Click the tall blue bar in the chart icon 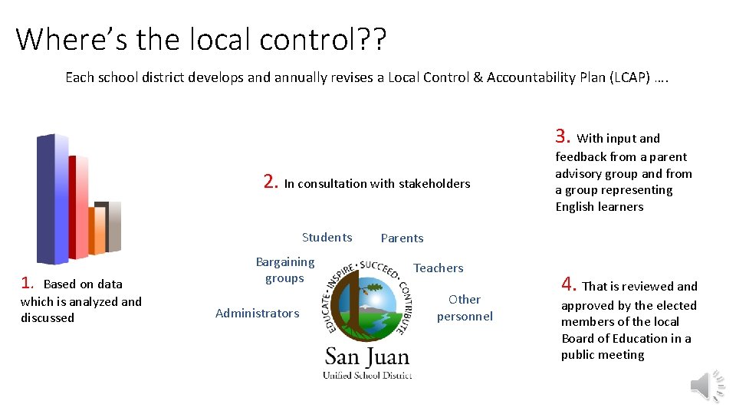click(52, 199)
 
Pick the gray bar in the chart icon click(114, 227)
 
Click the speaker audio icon click(708, 386)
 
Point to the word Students click(327, 238)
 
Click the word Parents click(402, 238)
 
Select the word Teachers click(439, 268)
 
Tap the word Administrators click(258, 313)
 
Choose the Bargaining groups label click(284, 270)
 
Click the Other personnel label click(465, 307)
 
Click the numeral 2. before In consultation click(271, 182)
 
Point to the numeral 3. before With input click(563, 137)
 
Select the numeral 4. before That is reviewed click(569, 285)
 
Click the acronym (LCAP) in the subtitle click(626, 77)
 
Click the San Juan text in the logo click(367, 356)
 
